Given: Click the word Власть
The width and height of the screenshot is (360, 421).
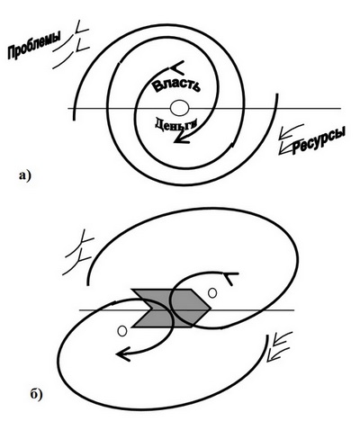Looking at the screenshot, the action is [x=175, y=85].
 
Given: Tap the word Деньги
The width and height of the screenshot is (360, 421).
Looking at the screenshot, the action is [x=176, y=123].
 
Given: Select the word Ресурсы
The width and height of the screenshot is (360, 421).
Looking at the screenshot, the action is [x=318, y=140].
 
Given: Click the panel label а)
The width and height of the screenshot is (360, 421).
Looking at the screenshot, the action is [x=24, y=175].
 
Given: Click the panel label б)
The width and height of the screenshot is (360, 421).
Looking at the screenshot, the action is [x=36, y=394].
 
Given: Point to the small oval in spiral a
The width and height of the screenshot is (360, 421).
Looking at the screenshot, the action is [x=179, y=108].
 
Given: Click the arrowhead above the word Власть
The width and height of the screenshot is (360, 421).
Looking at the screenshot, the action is [x=177, y=68].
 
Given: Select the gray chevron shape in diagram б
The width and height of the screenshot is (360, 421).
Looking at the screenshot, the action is [x=171, y=308].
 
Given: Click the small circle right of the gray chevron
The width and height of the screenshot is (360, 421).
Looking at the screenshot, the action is [x=212, y=292].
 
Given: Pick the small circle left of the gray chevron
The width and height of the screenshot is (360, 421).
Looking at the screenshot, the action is [x=122, y=331].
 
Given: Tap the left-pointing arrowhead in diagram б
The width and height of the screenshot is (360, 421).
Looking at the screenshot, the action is [x=123, y=354].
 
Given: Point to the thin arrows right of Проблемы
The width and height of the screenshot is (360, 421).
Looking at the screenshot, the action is [x=71, y=44].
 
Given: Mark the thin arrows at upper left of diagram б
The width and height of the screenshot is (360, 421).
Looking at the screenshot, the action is [x=78, y=253].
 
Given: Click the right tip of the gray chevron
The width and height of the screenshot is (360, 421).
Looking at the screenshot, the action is [x=211, y=308].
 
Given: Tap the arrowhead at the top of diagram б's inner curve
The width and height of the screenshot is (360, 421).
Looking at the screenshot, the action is [x=230, y=278].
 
